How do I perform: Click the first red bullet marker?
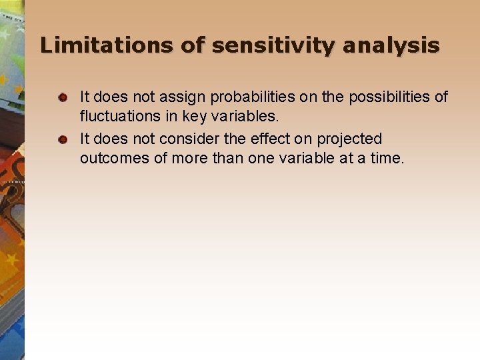(x=63, y=98)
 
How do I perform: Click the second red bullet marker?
(x=63, y=139)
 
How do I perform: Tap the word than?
(x=223, y=158)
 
